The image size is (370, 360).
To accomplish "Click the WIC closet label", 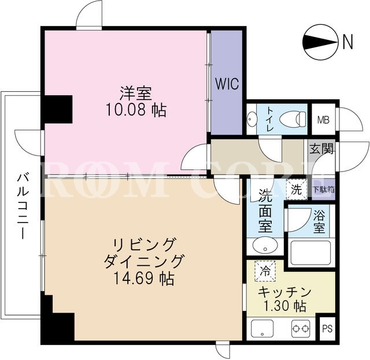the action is [x=227, y=83].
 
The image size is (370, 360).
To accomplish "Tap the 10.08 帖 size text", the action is [x=136, y=110].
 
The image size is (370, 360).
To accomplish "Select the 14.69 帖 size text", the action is [x=144, y=279].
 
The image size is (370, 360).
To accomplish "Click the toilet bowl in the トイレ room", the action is [x=293, y=118].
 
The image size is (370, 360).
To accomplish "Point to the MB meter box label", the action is [x=323, y=120].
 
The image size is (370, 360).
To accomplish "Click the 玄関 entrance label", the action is [x=321, y=149].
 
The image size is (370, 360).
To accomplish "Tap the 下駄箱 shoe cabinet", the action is [x=324, y=190].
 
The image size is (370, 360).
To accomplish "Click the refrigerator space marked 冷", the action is [x=265, y=271].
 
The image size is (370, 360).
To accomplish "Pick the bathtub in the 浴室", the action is [x=310, y=253].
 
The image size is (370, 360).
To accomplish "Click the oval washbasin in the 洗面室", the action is [x=265, y=245].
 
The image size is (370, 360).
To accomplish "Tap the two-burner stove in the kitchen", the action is [x=301, y=328].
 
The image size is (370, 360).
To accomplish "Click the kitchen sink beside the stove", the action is [x=262, y=328].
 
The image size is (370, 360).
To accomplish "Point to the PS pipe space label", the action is [x=327, y=329].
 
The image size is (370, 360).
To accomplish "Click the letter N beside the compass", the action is [x=347, y=42].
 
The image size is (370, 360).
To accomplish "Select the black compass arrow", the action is [x=319, y=42].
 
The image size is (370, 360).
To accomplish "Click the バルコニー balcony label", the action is [x=23, y=206].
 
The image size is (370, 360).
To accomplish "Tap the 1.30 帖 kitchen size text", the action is [x=285, y=306].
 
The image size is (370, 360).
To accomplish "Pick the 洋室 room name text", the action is [x=136, y=94].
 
